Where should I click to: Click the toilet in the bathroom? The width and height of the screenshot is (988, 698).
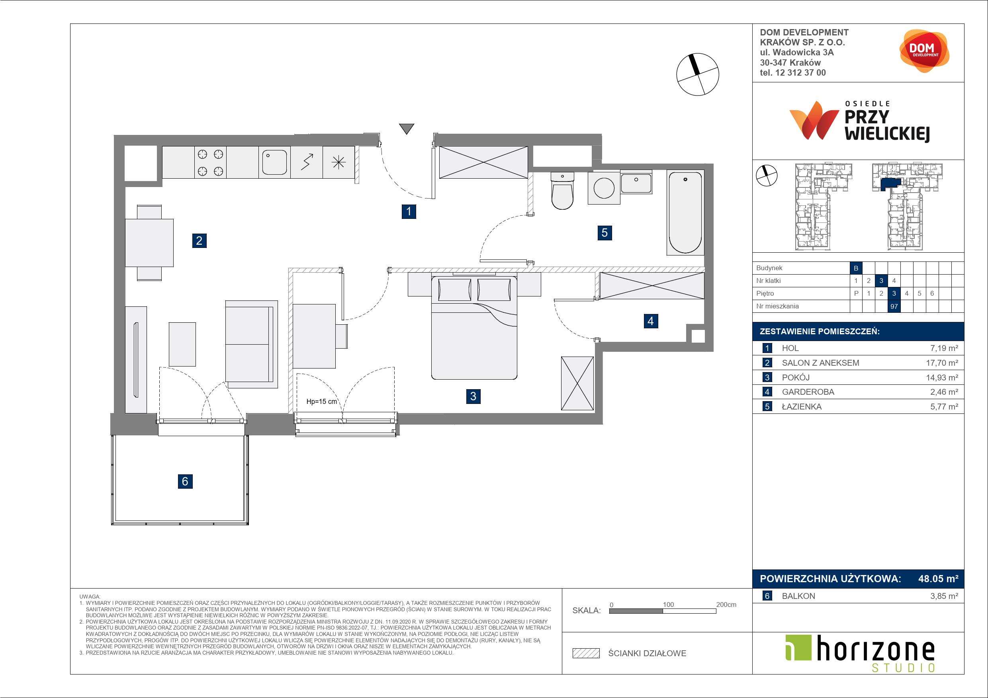(562, 191)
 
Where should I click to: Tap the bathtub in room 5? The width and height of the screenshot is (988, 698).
(685, 212)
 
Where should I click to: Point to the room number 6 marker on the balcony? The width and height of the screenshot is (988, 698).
(185, 481)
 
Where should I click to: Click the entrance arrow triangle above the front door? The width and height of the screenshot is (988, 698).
(406, 129)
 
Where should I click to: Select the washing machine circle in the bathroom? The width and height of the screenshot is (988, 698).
(604, 187)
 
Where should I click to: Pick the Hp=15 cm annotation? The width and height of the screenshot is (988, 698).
(321, 402)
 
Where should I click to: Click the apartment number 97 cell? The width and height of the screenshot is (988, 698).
(894, 306)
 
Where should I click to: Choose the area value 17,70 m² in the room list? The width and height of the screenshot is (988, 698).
(942, 363)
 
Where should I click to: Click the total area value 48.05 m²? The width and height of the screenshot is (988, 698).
(938, 579)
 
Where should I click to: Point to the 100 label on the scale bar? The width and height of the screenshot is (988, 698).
(668, 604)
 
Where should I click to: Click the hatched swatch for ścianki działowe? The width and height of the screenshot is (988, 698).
(586, 653)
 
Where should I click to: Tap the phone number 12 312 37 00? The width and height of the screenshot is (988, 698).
(800, 73)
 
